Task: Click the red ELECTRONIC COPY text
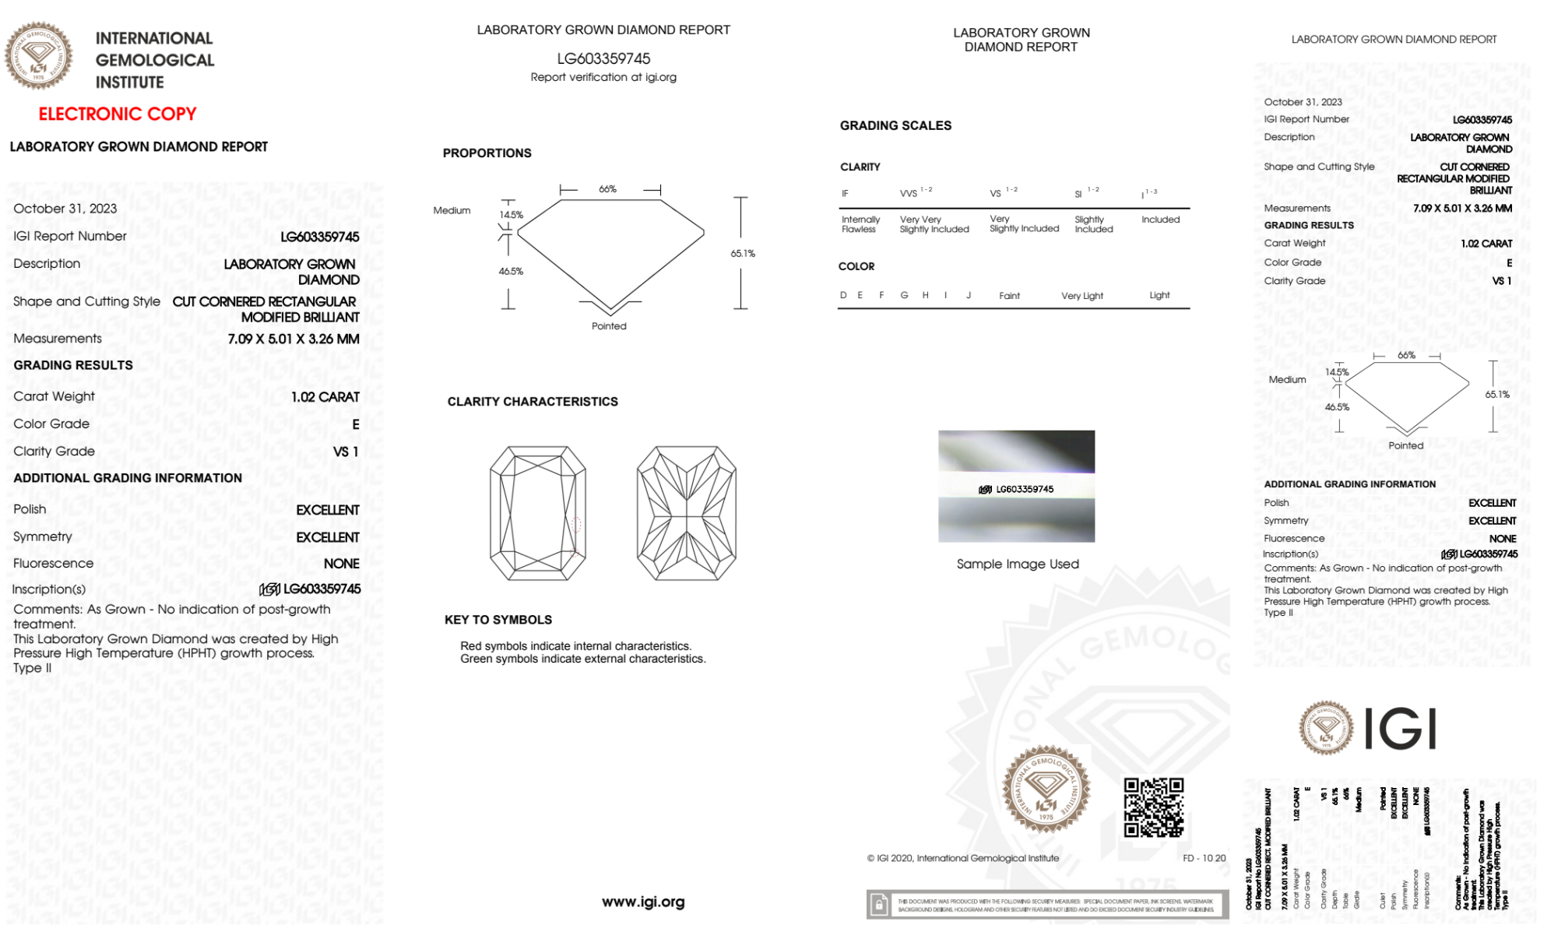[x=118, y=114]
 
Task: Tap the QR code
[x=1153, y=807]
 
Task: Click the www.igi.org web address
[x=643, y=902]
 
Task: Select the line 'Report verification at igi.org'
[x=603, y=77]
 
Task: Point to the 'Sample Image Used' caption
[x=1018, y=564]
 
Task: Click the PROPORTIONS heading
[x=487, y=153]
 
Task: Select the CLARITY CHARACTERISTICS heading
[x=533, y=402]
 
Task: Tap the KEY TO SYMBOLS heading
[x=498, y=620]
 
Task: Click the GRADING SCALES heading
[x=895, y=125]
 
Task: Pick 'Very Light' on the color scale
[x=1082, y=296]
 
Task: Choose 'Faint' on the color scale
[x=1009, y=296]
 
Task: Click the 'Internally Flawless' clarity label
[x=860, y=224]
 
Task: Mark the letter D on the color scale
[x=843, y=295]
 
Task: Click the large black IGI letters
[x=1401, y=730]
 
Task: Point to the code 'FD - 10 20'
[x=1204, y=858]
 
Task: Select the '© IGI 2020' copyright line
[x=963, y=858]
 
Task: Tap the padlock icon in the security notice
[x=879, y=905]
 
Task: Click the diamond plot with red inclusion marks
[x=538, y=513]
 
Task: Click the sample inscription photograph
[x=1016, y=486]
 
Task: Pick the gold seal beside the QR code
[x=1046, y=790]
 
